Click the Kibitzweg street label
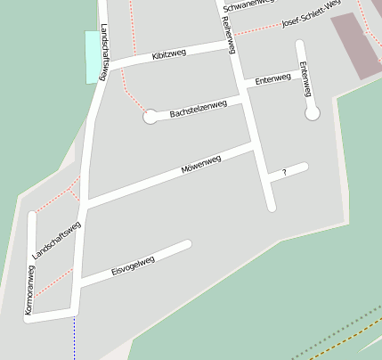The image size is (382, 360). [168, 55]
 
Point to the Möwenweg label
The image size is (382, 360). [200, 164]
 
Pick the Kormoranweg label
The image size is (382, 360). [29, 290]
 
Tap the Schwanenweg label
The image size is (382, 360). [249, 4]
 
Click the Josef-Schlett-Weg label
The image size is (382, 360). [310, 15]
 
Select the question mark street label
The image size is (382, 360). [284, 172]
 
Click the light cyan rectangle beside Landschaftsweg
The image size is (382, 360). [92, 57]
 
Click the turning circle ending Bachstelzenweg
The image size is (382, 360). [150, 116]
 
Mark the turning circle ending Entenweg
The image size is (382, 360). [312, 113]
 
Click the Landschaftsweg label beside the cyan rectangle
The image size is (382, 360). [104, 52]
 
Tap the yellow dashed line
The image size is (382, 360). [347, 338]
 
